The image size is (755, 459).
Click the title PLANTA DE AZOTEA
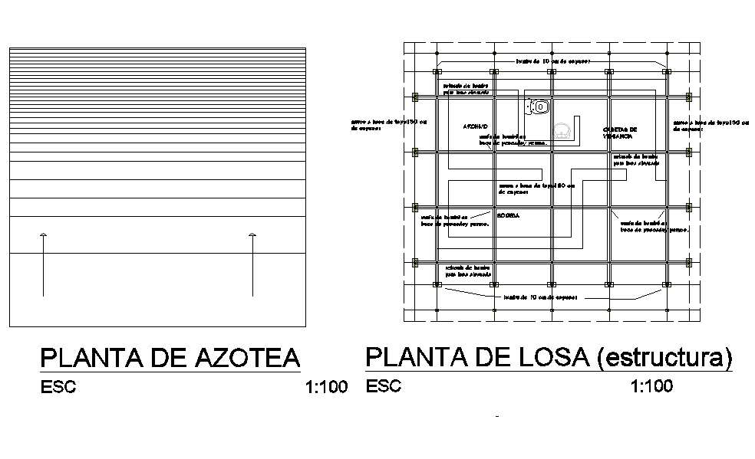coord(170,359)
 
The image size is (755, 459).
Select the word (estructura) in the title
coord(664,358)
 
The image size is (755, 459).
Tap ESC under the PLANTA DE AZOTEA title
coord(58,387)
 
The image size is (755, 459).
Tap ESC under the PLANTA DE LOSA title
coord(384,385)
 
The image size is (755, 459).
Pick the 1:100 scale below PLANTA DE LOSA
coord(651,386)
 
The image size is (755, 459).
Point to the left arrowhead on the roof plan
coord(44,234)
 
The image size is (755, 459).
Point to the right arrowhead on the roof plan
coord(253,234)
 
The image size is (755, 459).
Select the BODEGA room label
coord(508,216)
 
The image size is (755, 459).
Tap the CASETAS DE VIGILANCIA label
coord(620,132)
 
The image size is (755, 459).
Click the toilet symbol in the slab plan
coord(539,107)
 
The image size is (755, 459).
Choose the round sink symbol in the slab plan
coord(563,130)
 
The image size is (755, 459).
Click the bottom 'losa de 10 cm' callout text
coord(539,297)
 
